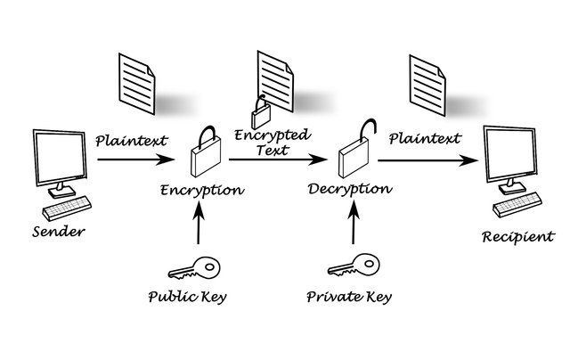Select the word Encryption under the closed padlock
[202, 190]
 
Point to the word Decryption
[349, 189]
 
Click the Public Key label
[188, 296]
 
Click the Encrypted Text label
[272, 143]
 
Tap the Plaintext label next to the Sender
[130, 139]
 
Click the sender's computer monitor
[61, 157]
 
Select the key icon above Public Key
[191, 267]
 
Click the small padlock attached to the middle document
[261, 113]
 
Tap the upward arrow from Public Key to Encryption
[198, 227]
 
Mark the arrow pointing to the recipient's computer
[427, 161]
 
